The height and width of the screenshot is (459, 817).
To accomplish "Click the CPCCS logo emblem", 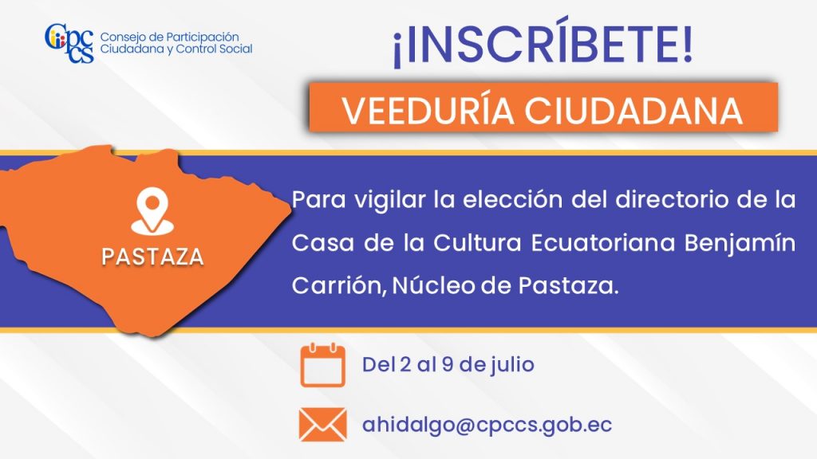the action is pos(69,43).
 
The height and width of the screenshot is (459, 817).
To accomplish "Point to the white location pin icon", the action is pos(152,210).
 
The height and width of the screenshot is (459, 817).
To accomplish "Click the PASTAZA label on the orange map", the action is pos(152,257).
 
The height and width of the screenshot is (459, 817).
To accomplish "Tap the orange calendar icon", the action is pos(322,365).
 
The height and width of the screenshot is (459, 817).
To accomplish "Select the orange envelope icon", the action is pos(322,425).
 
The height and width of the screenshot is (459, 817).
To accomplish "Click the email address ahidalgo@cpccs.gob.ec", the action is pos(487,425).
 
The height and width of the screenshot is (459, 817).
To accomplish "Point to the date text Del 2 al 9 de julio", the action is pos(448,364).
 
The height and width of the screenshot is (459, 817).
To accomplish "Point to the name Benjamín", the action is pos(740,244).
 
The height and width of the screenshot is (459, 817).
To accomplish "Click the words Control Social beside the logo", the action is pos(214,49).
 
